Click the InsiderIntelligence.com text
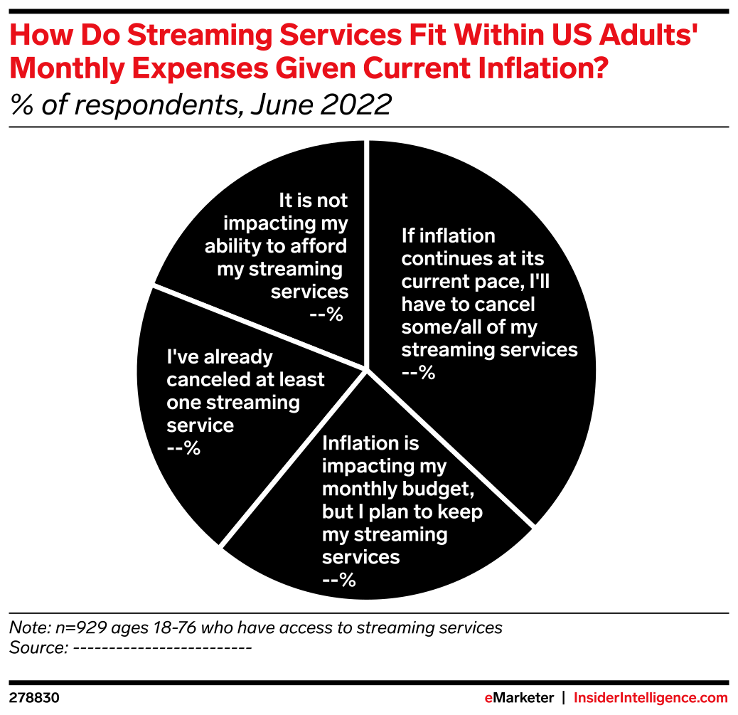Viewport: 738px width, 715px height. pos(651,698)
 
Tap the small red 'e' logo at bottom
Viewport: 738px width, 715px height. pos(488,698)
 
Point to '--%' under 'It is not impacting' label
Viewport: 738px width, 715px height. pos(326,314)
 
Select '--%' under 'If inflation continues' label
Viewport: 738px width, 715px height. pos(418,372)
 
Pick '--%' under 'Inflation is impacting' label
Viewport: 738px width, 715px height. pos(339,580)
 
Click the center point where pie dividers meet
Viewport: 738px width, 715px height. pos(367,369)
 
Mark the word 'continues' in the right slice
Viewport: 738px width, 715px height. pos(443,258)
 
